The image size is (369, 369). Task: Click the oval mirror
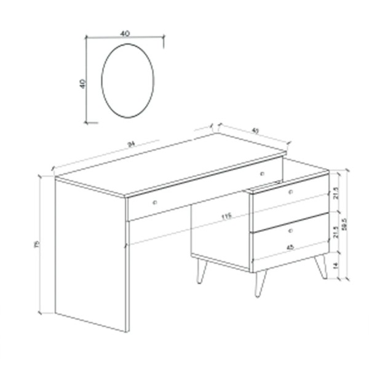pos(127,81)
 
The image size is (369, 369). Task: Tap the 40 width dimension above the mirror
pos(125,34)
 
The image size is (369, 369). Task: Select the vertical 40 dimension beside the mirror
pos(82,82)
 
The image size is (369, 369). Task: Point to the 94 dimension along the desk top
pos(130,145)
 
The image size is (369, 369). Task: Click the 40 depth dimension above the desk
pos(255,130)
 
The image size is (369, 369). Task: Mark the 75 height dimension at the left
pos(37,244)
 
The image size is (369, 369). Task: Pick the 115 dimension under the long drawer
pos(226,216)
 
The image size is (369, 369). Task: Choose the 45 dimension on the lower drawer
pos(288,247)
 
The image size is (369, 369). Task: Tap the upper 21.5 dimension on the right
pos(335,193)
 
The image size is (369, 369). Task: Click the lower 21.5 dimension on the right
pos(335,232)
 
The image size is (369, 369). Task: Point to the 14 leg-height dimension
pos(335,265)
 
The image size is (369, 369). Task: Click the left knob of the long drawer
pos(155,202)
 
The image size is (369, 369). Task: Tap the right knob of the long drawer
pos(262,174)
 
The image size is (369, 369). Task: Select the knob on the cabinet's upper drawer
pos(290,192)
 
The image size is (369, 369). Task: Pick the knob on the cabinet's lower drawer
pos(290,231)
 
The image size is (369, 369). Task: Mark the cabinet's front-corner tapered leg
pos(260,284)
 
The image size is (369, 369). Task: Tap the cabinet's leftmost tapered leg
pos(201,271)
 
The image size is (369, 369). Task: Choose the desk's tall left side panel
pos(91,252)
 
